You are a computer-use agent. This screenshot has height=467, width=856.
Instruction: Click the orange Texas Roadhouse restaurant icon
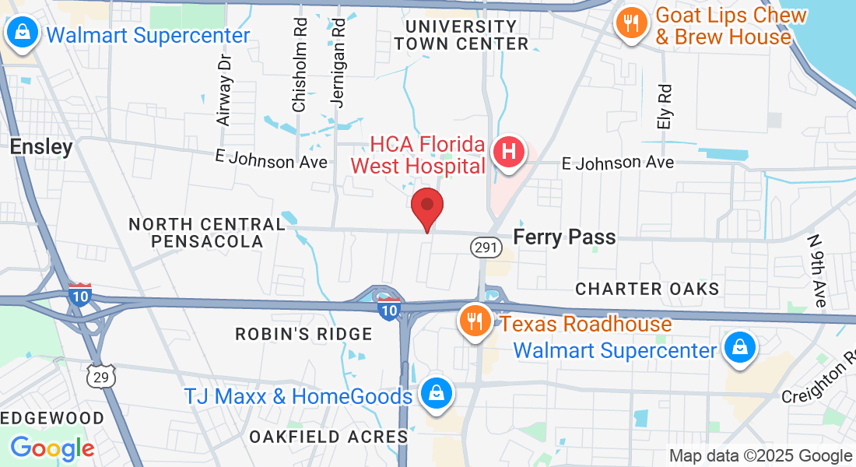(473, 320)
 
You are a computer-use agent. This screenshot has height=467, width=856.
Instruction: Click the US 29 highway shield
(101, 375)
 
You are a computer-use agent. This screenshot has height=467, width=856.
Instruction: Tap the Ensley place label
(41, 146)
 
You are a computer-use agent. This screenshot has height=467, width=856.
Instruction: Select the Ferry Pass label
(565, 237)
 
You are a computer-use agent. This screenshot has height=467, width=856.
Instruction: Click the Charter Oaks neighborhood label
(647, 289)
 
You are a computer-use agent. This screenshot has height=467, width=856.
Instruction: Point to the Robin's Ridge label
(304, 334)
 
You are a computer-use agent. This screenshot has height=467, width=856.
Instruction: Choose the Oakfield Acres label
(328, 437)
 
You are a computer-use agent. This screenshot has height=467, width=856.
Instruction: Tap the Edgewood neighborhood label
(53, 418)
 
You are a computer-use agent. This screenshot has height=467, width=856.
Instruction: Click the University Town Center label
(461, 35)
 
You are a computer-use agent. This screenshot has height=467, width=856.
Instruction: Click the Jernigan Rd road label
(338, 63)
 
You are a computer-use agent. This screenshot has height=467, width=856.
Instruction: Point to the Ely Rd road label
(664, 107)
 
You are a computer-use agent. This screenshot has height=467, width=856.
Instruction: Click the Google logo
(52, 448)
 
